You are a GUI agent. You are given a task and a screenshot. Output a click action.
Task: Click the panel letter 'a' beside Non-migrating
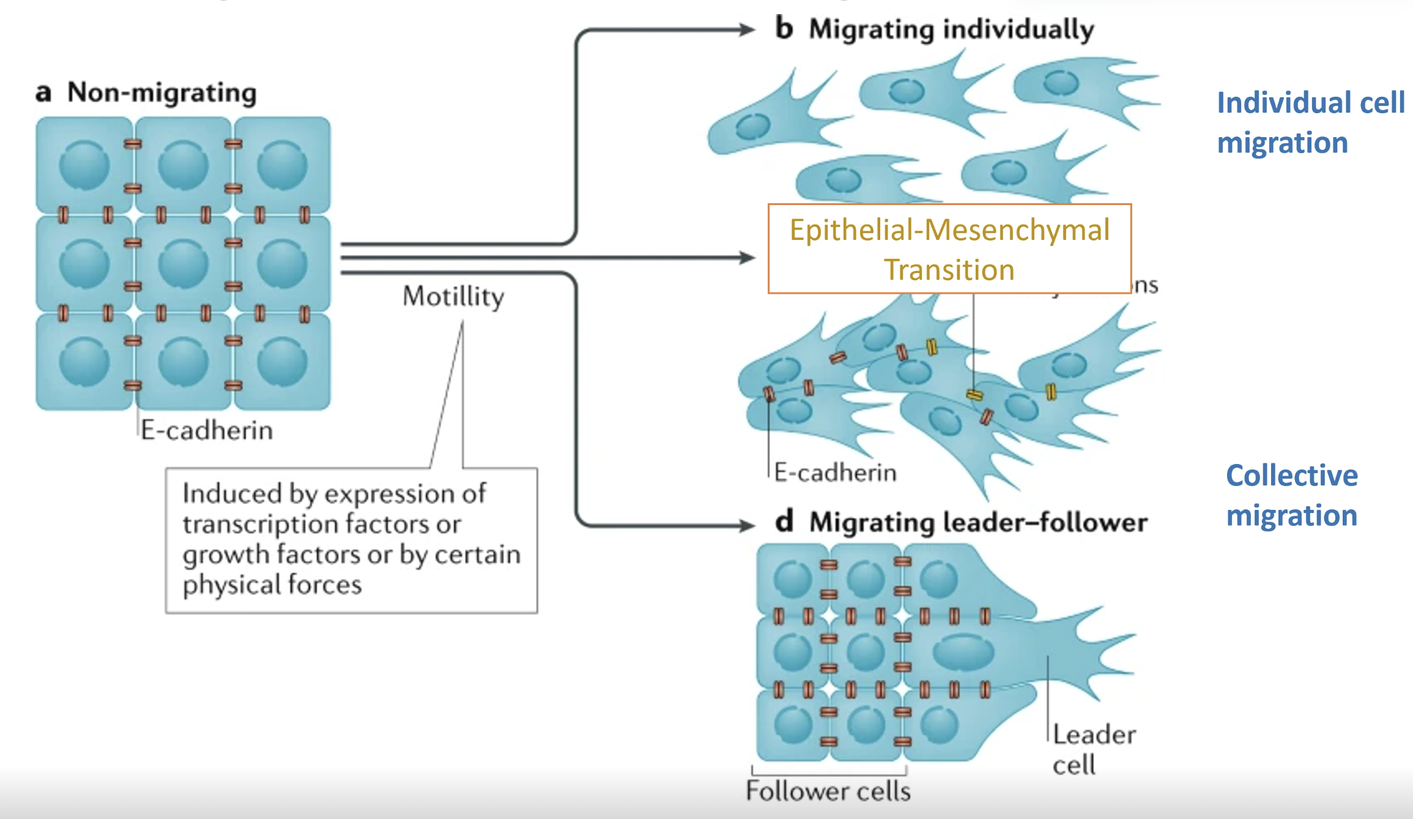click(43, 94)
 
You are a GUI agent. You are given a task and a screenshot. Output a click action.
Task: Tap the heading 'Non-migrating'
click(162, 93)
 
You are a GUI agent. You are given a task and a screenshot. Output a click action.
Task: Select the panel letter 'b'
click(784, 29)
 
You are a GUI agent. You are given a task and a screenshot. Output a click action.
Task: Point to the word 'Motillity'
click(453, 297)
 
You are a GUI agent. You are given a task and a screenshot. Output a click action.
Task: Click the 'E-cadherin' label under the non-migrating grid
click(207, 430)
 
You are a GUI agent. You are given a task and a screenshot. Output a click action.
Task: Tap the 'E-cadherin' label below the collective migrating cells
click(835, 473)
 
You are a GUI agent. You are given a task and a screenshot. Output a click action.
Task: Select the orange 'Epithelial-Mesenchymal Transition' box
click(949, 249)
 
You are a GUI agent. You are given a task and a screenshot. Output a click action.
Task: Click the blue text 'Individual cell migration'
click(1310, 122)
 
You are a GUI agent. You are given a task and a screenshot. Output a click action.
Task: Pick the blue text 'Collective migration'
click(1292, 495)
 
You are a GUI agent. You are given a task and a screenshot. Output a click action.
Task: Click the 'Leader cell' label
click(1094, 749)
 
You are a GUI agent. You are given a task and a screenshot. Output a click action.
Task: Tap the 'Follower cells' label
click(828, 791)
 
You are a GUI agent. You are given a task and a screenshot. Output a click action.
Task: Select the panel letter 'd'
click(784, 522)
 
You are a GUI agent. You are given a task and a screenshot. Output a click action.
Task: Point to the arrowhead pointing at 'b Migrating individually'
click(748, 29)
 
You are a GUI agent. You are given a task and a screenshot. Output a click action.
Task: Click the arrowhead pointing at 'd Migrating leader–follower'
click(748, 525)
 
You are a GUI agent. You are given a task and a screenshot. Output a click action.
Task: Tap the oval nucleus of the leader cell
click(963, 653)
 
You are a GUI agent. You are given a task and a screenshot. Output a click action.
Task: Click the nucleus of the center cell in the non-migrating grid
click(183, 264)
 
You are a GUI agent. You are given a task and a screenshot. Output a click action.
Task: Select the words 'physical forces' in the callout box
click(272, 585)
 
